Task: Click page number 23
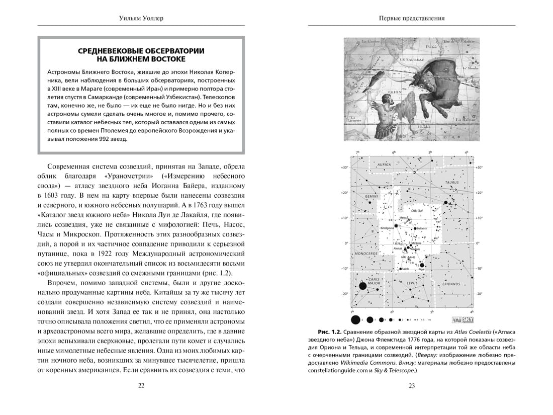[x=411, y=385]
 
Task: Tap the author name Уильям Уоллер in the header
[x=141, y=19]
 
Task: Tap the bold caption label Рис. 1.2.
[x=330, y=333]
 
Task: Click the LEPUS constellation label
[x=412, y=283]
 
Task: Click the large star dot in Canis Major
[x=362, y=287]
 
